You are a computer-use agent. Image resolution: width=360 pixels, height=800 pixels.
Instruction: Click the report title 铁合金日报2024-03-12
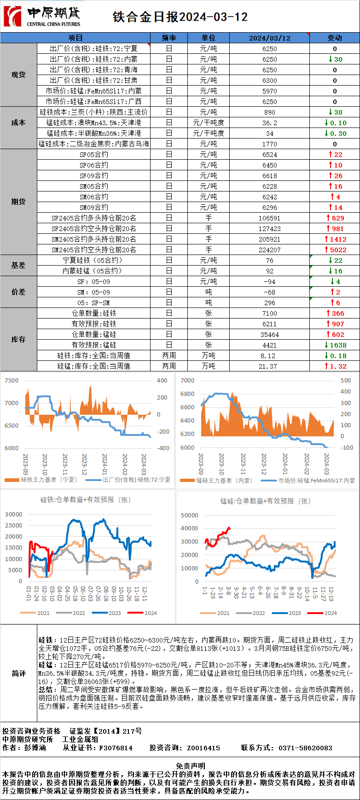[x=180, y=17]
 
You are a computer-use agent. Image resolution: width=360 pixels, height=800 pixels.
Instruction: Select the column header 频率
[x=169, y=38]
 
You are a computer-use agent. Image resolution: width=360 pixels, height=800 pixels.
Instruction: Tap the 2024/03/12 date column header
[x=270, y=38]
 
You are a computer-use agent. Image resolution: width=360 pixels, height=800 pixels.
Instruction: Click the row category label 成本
[x=18, y=123]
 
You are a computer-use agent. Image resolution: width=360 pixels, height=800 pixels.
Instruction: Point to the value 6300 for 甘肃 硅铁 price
[x=270, y=81]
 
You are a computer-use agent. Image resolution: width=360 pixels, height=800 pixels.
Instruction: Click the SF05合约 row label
[x=94, y=155]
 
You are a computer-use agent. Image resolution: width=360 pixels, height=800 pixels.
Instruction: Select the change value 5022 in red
[x=337, y=250]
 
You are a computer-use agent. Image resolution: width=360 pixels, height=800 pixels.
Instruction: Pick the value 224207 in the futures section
[x=270, y=250]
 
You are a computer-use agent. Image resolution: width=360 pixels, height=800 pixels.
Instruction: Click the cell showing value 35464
[x=270, y=335]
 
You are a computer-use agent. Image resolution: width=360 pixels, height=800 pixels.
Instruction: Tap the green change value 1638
[x=337, y=345]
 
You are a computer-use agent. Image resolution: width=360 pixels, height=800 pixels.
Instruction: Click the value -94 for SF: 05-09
[x=270, y=282]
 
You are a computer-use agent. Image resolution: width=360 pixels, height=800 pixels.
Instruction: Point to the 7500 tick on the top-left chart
[x=12, y=381]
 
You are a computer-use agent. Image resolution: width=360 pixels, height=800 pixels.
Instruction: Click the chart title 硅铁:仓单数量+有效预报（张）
[x=85, y=499]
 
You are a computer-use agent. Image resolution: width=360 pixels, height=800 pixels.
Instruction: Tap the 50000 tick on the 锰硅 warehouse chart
[x=190, y=516]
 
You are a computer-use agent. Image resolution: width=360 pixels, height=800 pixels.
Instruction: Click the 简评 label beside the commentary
[x=18, y=673]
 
